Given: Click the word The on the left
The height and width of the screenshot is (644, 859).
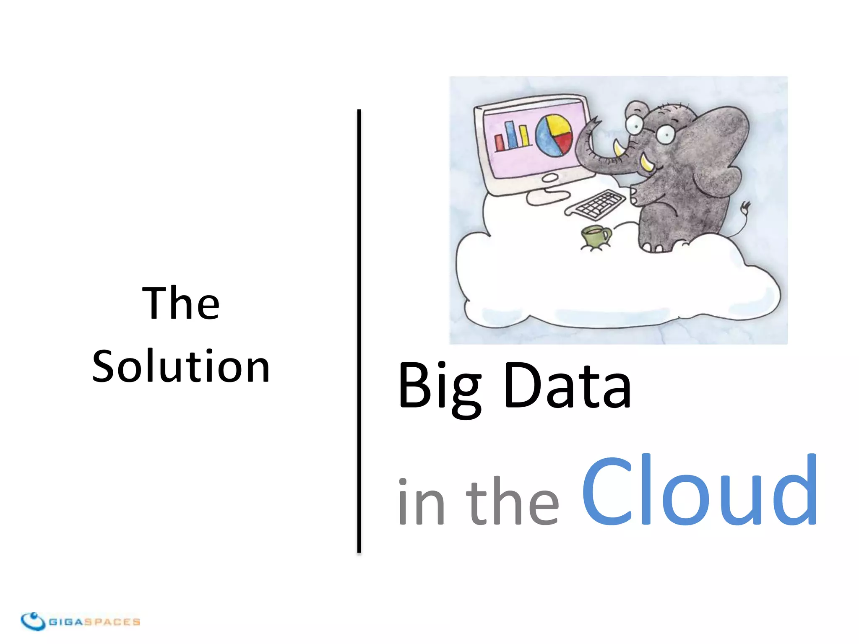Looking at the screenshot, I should [181, 303].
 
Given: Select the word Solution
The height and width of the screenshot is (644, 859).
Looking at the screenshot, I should [181, 366].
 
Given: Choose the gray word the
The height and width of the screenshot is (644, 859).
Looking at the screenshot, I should [512, 501].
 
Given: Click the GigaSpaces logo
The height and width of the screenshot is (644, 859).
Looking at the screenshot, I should [80, 621].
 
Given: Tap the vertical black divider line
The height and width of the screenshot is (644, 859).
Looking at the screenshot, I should [359, 331].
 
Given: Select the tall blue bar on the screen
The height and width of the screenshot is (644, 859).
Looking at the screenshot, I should [510, 135].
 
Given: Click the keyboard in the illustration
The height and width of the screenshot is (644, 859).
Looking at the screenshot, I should [596, 205].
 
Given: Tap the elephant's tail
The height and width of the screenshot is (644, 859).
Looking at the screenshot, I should [742, 218].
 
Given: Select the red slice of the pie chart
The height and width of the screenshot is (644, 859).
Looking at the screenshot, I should [564, 142].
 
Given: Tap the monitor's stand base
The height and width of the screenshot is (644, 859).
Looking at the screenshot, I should [547, 197].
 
